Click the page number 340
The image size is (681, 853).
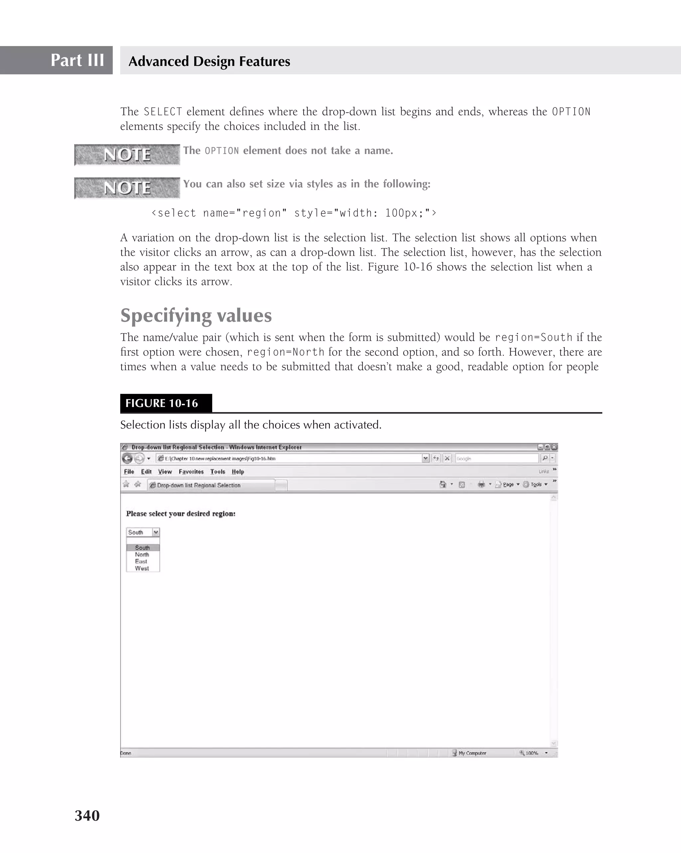(x=87, y=815)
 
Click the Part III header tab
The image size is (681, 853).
(x=77, y=60)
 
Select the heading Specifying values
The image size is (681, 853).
(x=196, y=315)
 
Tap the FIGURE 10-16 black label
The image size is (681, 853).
(x=166, y=403)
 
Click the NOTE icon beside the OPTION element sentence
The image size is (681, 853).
(x=127, y=155)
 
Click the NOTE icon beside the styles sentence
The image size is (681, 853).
(x=127, y=188)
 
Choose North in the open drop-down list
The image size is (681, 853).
(x=142, y=555)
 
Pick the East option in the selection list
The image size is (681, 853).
(x=141, y=561)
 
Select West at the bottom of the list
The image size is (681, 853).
(x=142, y=568)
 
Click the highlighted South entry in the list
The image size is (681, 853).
(x=142, y=548)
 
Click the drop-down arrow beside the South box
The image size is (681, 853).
(x=156, y=532)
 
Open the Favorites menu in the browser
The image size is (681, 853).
(x=191, y=472)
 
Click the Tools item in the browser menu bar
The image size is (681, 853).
(x=218, y=472)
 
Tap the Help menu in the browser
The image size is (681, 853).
(x=238, y=472)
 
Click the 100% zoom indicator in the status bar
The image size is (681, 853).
(x=531, y=753)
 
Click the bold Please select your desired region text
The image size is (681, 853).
(x=181, y=514)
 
